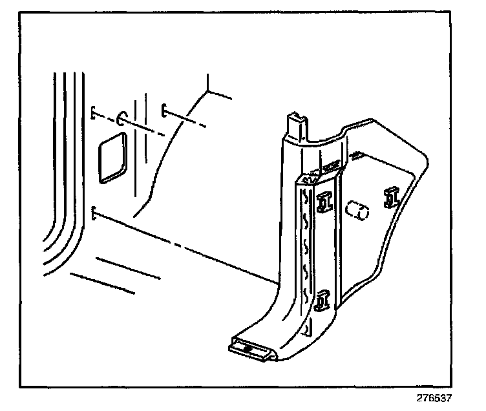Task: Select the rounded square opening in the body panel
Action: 111,157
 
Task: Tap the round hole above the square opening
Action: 121,118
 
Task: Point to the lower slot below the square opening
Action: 94,213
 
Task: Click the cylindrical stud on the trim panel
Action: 357,211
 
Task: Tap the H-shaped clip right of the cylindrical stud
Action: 390,197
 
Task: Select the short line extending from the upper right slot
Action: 187,120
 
